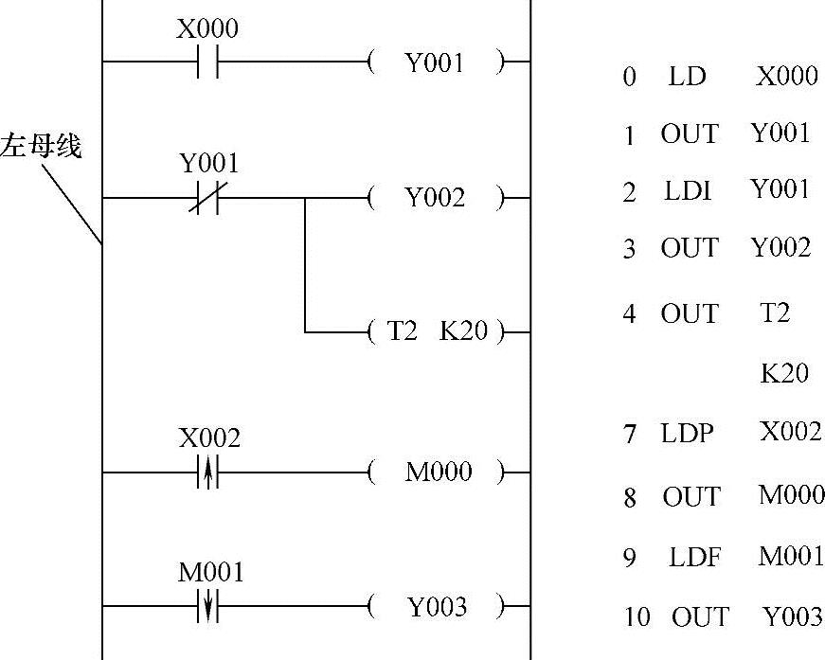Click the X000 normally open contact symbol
(207, 62)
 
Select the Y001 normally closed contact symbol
(207, 198)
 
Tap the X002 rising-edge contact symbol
(207, 472)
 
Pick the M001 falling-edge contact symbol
(207, 606)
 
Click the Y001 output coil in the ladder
(435, 63)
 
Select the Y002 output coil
(435, 198)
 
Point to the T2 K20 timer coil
(435, 332)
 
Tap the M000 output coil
(435, 472)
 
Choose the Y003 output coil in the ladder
(435, 606)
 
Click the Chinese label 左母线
(41, 147)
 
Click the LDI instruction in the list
(687, 192)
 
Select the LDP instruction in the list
(687, 434)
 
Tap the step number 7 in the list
(630, 436)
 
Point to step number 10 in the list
(637, 617)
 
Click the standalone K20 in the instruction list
(783, 373)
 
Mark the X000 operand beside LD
(786, 76)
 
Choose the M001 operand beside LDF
(791, 557)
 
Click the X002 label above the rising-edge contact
(209, 438)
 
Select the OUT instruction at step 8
(690, 496)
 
